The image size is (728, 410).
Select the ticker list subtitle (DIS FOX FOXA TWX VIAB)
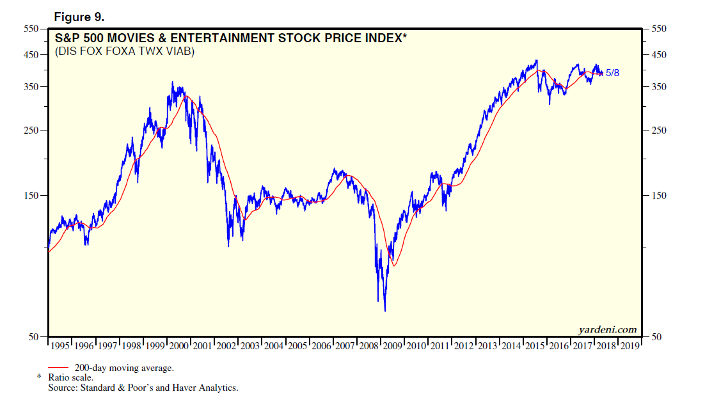(x=125, y=51)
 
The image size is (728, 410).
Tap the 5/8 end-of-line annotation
(x=612, y=73)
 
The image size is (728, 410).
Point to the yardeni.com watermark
(x=608, y=329)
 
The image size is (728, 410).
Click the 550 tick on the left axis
(x=31, y=29)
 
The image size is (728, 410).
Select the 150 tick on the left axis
(x=31, y=196)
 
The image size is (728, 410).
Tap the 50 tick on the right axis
(x=655, y=336)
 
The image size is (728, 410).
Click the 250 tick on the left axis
(x=31, y=130)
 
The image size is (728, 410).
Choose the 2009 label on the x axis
(x=393, y=346)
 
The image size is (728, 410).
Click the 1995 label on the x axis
(x=59, y=346)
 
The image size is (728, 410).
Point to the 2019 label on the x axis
(x=630, y=346)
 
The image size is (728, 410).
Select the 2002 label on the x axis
(x=226, y=346)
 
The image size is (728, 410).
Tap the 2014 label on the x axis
(x=511, y=346)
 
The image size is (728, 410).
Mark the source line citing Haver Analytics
(x=143, y=388)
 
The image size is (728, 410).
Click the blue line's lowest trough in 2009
(x=384, y=311)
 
